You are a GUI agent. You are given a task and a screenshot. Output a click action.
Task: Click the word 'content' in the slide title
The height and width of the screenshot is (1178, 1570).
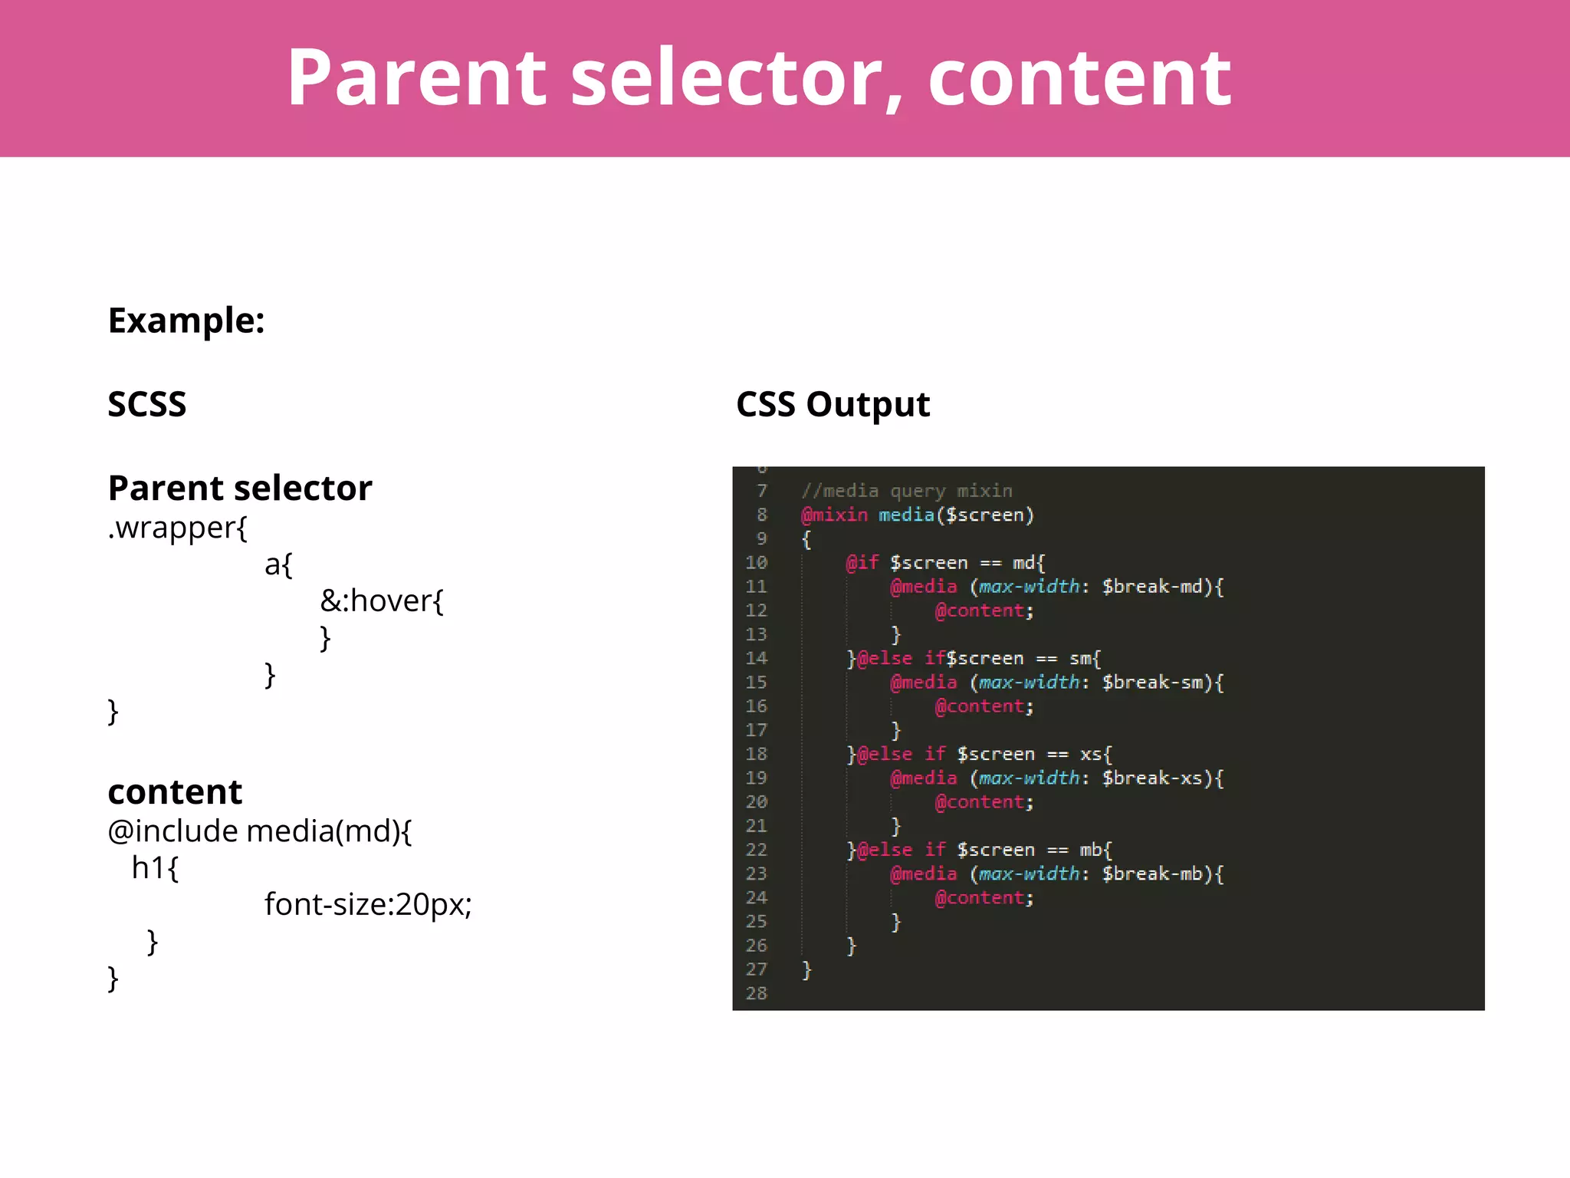pos(1079,77)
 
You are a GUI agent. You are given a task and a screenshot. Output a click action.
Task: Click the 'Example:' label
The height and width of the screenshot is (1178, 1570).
pos(186,321)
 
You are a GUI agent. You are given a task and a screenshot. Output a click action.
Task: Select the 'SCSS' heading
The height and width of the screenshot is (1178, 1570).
pos(147,404)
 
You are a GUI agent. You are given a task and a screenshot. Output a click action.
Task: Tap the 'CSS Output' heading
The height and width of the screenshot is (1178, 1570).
pos(833,404)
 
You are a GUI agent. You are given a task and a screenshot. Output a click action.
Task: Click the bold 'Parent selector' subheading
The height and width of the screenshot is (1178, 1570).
pos(240,489)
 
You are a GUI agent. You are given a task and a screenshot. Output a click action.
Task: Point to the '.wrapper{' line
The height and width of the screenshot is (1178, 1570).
pos(178,528)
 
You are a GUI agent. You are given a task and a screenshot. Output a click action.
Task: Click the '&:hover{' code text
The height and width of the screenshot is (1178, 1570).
pos(382,601)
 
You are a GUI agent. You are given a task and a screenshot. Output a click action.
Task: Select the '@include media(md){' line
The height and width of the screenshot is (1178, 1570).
pos(260,831)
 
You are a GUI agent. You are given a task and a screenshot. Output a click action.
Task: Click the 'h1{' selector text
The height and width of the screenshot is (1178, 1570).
pos(156,868)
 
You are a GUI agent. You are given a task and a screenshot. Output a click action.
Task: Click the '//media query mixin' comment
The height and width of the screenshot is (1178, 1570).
pos(907,491)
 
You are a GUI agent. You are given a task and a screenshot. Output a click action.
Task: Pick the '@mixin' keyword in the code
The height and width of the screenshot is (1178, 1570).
pos(835,515)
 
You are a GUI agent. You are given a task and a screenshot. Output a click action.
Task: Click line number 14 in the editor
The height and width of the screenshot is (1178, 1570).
pos(756,658)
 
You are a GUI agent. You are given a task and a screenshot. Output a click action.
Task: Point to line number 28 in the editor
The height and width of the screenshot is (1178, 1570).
pos(756,993)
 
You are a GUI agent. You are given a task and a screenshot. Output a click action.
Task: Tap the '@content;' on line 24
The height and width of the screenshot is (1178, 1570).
pos(984,898)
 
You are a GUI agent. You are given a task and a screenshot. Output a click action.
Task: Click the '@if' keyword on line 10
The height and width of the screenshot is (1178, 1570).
pos(862,563)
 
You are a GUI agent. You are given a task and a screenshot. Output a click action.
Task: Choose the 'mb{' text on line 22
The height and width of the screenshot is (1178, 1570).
pos(1095,850)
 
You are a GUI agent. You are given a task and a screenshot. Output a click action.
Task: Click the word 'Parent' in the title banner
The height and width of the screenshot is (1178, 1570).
pos(417,77)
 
